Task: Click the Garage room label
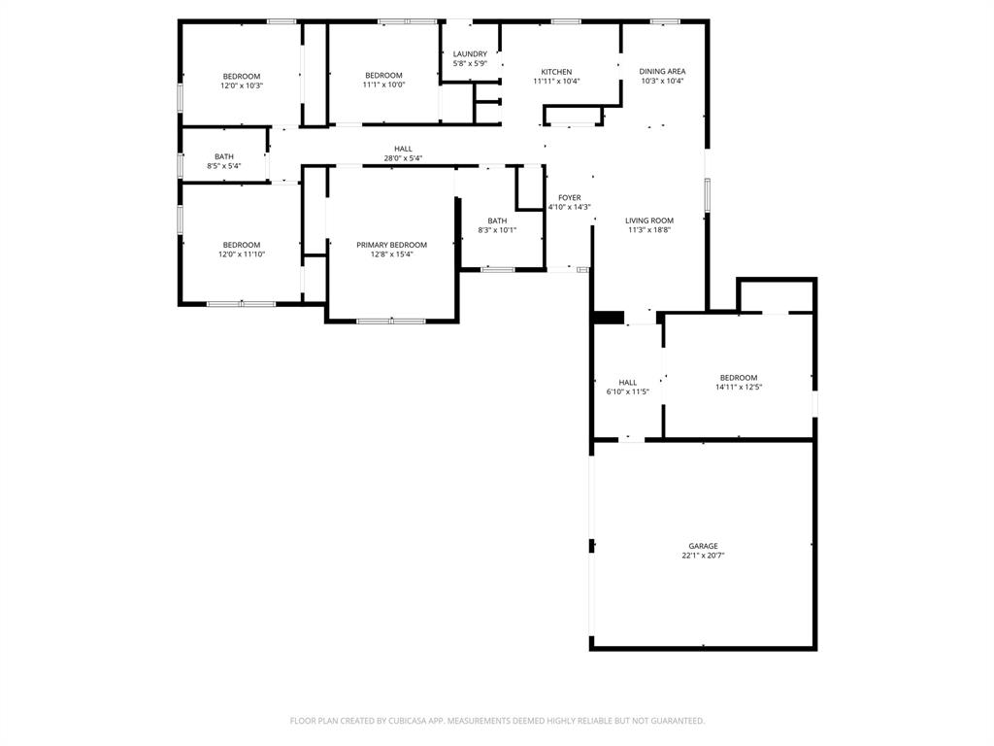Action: coord(703,546)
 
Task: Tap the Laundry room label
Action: coord(470,54)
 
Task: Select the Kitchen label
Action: coord(556,72)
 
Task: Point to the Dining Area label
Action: coord(662,72)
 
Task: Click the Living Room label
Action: coord(649,220)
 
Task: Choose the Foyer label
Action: coord(569,198)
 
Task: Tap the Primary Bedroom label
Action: coord(391,245)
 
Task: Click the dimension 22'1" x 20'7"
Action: coord(703,556)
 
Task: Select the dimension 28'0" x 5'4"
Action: coord(403,158)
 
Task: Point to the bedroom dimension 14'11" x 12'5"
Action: coord(738,388)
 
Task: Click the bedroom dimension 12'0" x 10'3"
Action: coord(242,85)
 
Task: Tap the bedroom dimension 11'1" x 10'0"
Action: coord(383,85)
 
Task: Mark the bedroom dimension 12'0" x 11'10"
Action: coord(242,254)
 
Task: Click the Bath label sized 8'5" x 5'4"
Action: coord(224,156)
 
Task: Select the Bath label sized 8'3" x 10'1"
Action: coord(497,220)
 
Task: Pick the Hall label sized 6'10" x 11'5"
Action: coord(627,383)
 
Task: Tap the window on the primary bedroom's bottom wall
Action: coord(390,321)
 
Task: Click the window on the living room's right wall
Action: coord(707,194)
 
